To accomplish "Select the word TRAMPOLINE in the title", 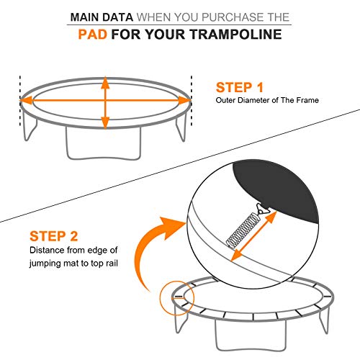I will tap(238, 34).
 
